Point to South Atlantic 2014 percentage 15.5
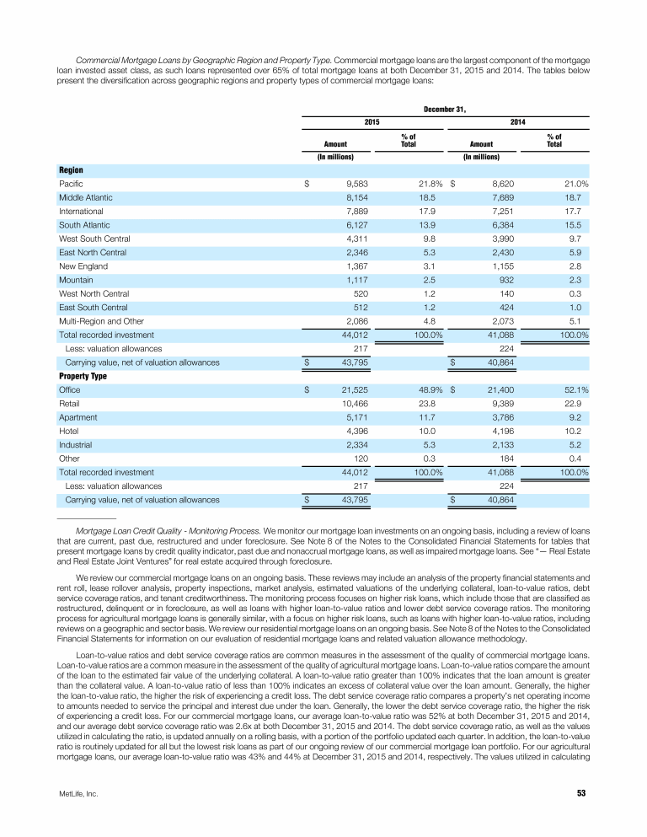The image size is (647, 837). [577, 224]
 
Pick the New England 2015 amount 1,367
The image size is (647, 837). [356, 266]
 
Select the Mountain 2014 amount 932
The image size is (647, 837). [504, 280]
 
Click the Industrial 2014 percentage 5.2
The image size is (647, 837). [579, 445]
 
